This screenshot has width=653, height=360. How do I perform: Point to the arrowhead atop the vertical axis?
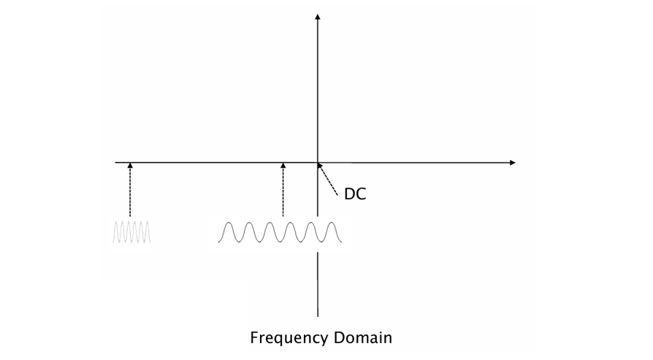[318, 15]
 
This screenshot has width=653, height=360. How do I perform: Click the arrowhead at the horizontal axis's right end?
[512, 161]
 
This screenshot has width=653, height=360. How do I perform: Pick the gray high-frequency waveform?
[131, 232]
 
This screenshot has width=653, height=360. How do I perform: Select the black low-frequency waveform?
[279, 231]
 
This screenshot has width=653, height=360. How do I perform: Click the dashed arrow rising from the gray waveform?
[130, 190]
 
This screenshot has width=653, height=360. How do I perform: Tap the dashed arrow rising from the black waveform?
[283, 190]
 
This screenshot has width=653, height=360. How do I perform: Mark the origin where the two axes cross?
[318, 161]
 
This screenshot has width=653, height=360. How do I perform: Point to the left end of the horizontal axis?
[115, 161]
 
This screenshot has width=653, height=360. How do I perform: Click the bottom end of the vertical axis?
[318, 315]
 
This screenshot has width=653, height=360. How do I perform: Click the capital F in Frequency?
[254, 337]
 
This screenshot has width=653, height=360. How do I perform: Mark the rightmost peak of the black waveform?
[332, 222]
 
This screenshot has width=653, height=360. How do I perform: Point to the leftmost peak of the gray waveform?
[115, 223]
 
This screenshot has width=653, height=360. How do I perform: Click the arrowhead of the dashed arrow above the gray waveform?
[130, 165]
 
